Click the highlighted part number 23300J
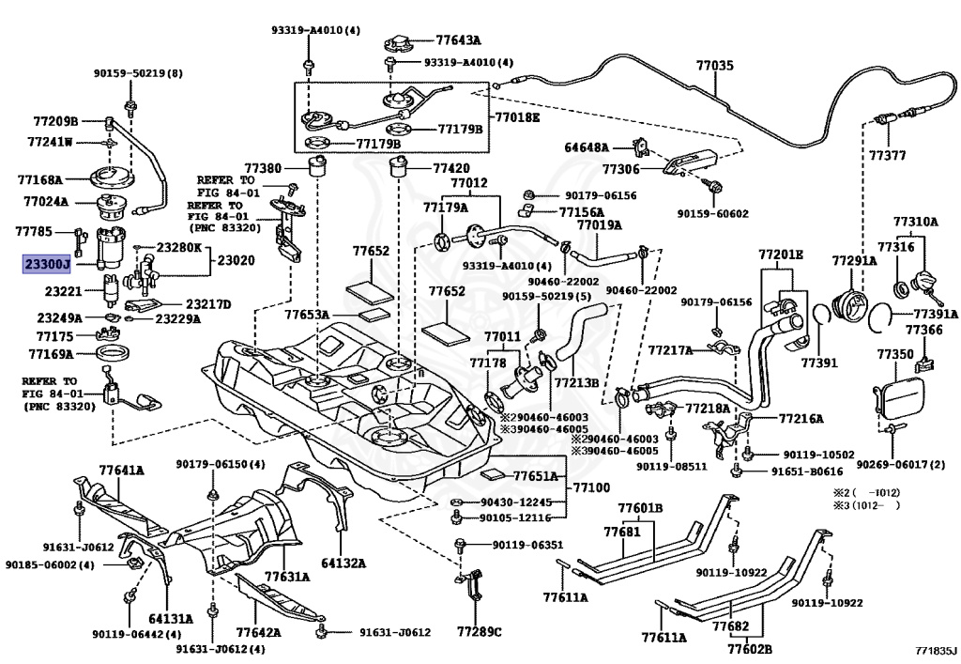pos(47,264)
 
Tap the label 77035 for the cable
pos(714,65)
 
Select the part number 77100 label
pos(592,487)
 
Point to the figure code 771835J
pos(932,650)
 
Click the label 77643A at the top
pos(458,40)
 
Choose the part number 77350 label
pos(894,354)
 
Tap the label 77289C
pos(479,631)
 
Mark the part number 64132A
pos(343,563)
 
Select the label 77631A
pos(287,577)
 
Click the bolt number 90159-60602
pos(713,214)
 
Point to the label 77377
pos(887,156)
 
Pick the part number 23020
pos(236,260)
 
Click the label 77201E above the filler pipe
pos(781,255)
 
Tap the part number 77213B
pos(577,383)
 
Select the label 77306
pos(620,169)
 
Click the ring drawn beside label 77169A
pos(113,354)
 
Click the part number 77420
pos(451,168)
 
